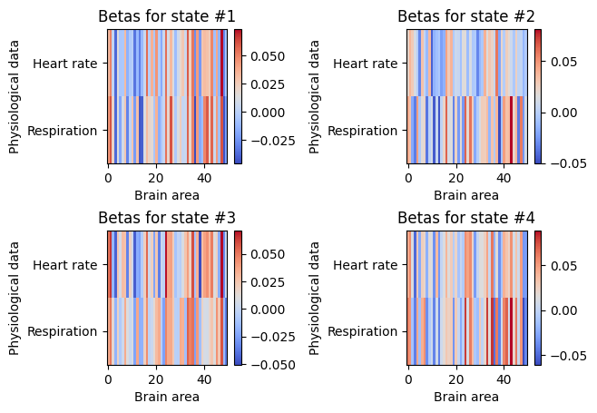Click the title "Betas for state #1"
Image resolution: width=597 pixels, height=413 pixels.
(167, 16)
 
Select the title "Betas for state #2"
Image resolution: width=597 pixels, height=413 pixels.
(466, 16)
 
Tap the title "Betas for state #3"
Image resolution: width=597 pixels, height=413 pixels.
(167, 218)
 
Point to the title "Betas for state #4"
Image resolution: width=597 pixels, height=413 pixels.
(466, 218)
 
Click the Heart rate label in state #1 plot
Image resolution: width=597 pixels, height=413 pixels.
(65, 64)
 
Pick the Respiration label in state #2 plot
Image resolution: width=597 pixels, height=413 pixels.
(363, 131)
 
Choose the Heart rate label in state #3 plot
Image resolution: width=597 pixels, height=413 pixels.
(65, 265)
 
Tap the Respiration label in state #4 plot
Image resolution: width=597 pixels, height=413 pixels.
(363, 331)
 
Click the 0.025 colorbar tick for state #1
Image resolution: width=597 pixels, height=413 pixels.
(268, 84)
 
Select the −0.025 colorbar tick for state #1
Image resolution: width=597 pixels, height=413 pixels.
(272, 141)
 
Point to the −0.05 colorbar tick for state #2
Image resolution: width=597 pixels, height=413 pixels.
(569, 163)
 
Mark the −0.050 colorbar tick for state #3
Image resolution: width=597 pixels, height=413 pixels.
(272, 365)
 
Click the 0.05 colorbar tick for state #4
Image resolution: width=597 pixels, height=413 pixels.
(563, 266)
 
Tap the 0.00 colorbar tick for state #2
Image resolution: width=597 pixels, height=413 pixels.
(563, 113)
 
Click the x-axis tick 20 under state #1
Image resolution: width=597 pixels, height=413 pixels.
(156, 178)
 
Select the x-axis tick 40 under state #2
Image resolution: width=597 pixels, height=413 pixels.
(504, 178)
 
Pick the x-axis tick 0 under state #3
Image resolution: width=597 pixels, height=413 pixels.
(109, 379)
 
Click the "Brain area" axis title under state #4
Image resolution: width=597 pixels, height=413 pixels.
(466, 397)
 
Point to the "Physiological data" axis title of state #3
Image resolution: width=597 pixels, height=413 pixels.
(14, 299)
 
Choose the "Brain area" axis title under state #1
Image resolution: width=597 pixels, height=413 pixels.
(167, 195)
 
